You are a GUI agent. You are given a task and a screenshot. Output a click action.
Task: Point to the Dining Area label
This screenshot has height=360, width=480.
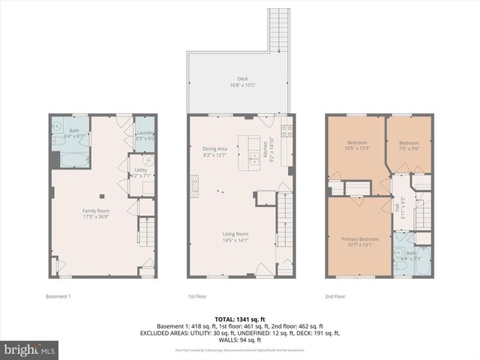point(214,148)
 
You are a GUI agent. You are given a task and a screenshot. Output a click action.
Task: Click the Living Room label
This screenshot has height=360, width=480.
point(235,234)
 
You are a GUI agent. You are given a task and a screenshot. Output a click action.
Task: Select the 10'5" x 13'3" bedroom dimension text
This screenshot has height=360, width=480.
point(355,148)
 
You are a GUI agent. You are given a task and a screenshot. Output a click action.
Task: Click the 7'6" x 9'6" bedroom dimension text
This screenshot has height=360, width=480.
point(408,148)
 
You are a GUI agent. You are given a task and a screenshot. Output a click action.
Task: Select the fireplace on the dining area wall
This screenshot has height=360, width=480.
point(193,184)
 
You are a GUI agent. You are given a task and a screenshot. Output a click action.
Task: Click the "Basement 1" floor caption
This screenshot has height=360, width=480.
point(58,296)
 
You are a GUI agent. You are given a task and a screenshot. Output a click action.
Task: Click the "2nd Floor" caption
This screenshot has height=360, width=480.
point(334,296)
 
